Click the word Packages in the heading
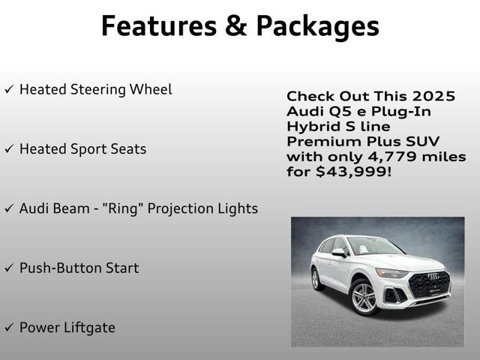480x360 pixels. (317, 25)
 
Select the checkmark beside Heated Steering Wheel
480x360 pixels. (9, 89)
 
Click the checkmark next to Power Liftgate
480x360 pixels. (9, 328)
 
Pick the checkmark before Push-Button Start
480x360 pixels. (9, 268)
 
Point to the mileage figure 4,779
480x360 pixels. (391, 157)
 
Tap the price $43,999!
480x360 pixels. (351, 172)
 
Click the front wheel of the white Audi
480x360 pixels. (364, 298)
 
